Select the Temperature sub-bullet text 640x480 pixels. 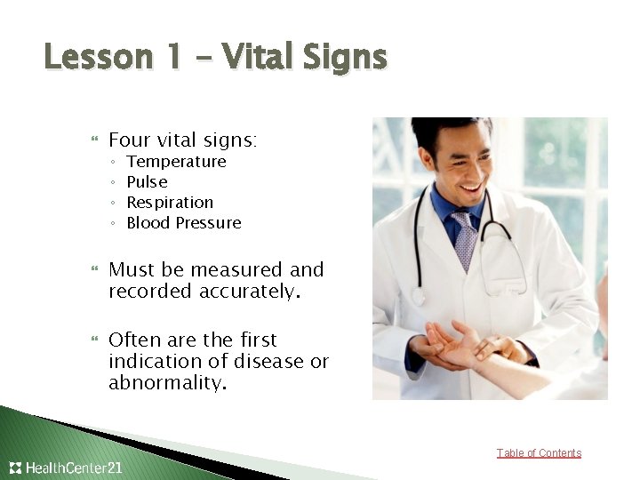pos(176,162)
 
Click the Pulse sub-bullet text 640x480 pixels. pos(147,182)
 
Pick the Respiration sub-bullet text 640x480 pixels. pos(170,203)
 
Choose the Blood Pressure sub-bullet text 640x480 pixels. pos(184,223)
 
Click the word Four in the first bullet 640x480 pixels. pos(129,140)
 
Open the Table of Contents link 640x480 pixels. pos(539,453)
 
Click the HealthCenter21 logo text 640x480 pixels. pos(74,468)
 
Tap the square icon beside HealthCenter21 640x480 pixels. pos(15,468)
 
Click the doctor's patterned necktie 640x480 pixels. pos(463,238)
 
